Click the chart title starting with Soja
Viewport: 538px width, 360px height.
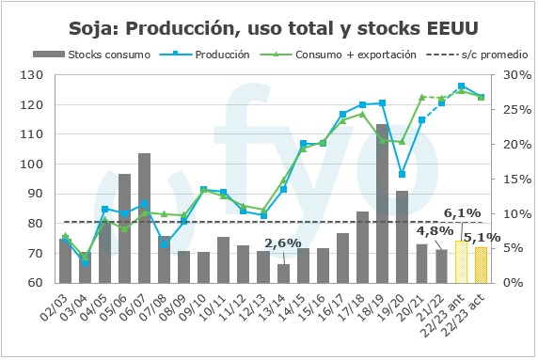pos(274,28)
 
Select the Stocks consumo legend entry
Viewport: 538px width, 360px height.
pos(91,55)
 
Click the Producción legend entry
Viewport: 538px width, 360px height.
pos(205,55)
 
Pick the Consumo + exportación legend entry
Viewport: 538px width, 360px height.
pos(339,55)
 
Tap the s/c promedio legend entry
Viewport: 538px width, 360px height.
pos(477,55)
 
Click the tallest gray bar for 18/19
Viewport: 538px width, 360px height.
pos(382,204)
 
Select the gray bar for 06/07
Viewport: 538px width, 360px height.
pos(145,218)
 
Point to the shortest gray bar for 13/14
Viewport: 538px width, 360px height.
pos(283,274)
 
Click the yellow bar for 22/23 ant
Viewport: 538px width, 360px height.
pos(462,262)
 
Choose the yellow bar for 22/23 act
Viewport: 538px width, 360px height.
pos(482,265)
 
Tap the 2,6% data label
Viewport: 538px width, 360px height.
pos(283,243)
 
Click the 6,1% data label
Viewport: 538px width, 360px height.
pos(462,213)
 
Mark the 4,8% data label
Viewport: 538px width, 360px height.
pos(435,230)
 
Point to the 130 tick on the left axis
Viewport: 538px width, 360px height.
pos(32,75)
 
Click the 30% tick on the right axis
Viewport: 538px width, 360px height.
pos(517,75)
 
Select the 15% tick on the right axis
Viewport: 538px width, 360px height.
pos(517,179)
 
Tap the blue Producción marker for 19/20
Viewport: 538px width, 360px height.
pos(403,174)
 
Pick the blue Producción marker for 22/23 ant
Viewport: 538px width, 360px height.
pos(462,86)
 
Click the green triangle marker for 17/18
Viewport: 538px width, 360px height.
pos(362,114)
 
